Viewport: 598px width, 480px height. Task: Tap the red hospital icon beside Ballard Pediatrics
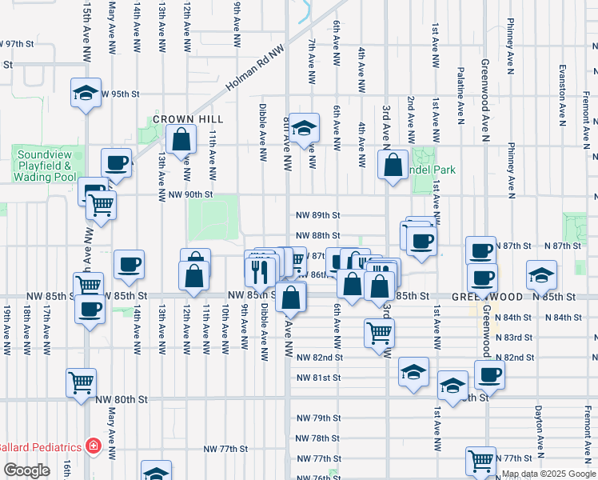pyautogui.click(x=94, y=446)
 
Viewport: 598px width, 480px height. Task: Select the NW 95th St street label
pyautogui.click(x=119, y=94)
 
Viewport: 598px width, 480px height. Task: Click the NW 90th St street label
pyautogui.click(x=190, y=194)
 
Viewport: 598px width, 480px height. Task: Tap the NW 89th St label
pyautogui.click(x=318, y=215)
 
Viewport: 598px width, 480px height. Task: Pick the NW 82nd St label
pyautogui.click(x=318, y=357)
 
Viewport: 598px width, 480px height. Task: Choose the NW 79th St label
pyautogui.click(x=318, y=418)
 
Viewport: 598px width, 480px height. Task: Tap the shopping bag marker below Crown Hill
pyautogui.click(x=182, y=138)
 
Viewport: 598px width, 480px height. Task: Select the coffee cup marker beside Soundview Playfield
pyautogui.click(x=117, y=162)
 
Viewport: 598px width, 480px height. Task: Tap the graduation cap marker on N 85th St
pyautogui.click(x=541, y=274)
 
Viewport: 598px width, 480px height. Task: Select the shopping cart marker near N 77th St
pyautogui.click(x=480, y=459)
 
